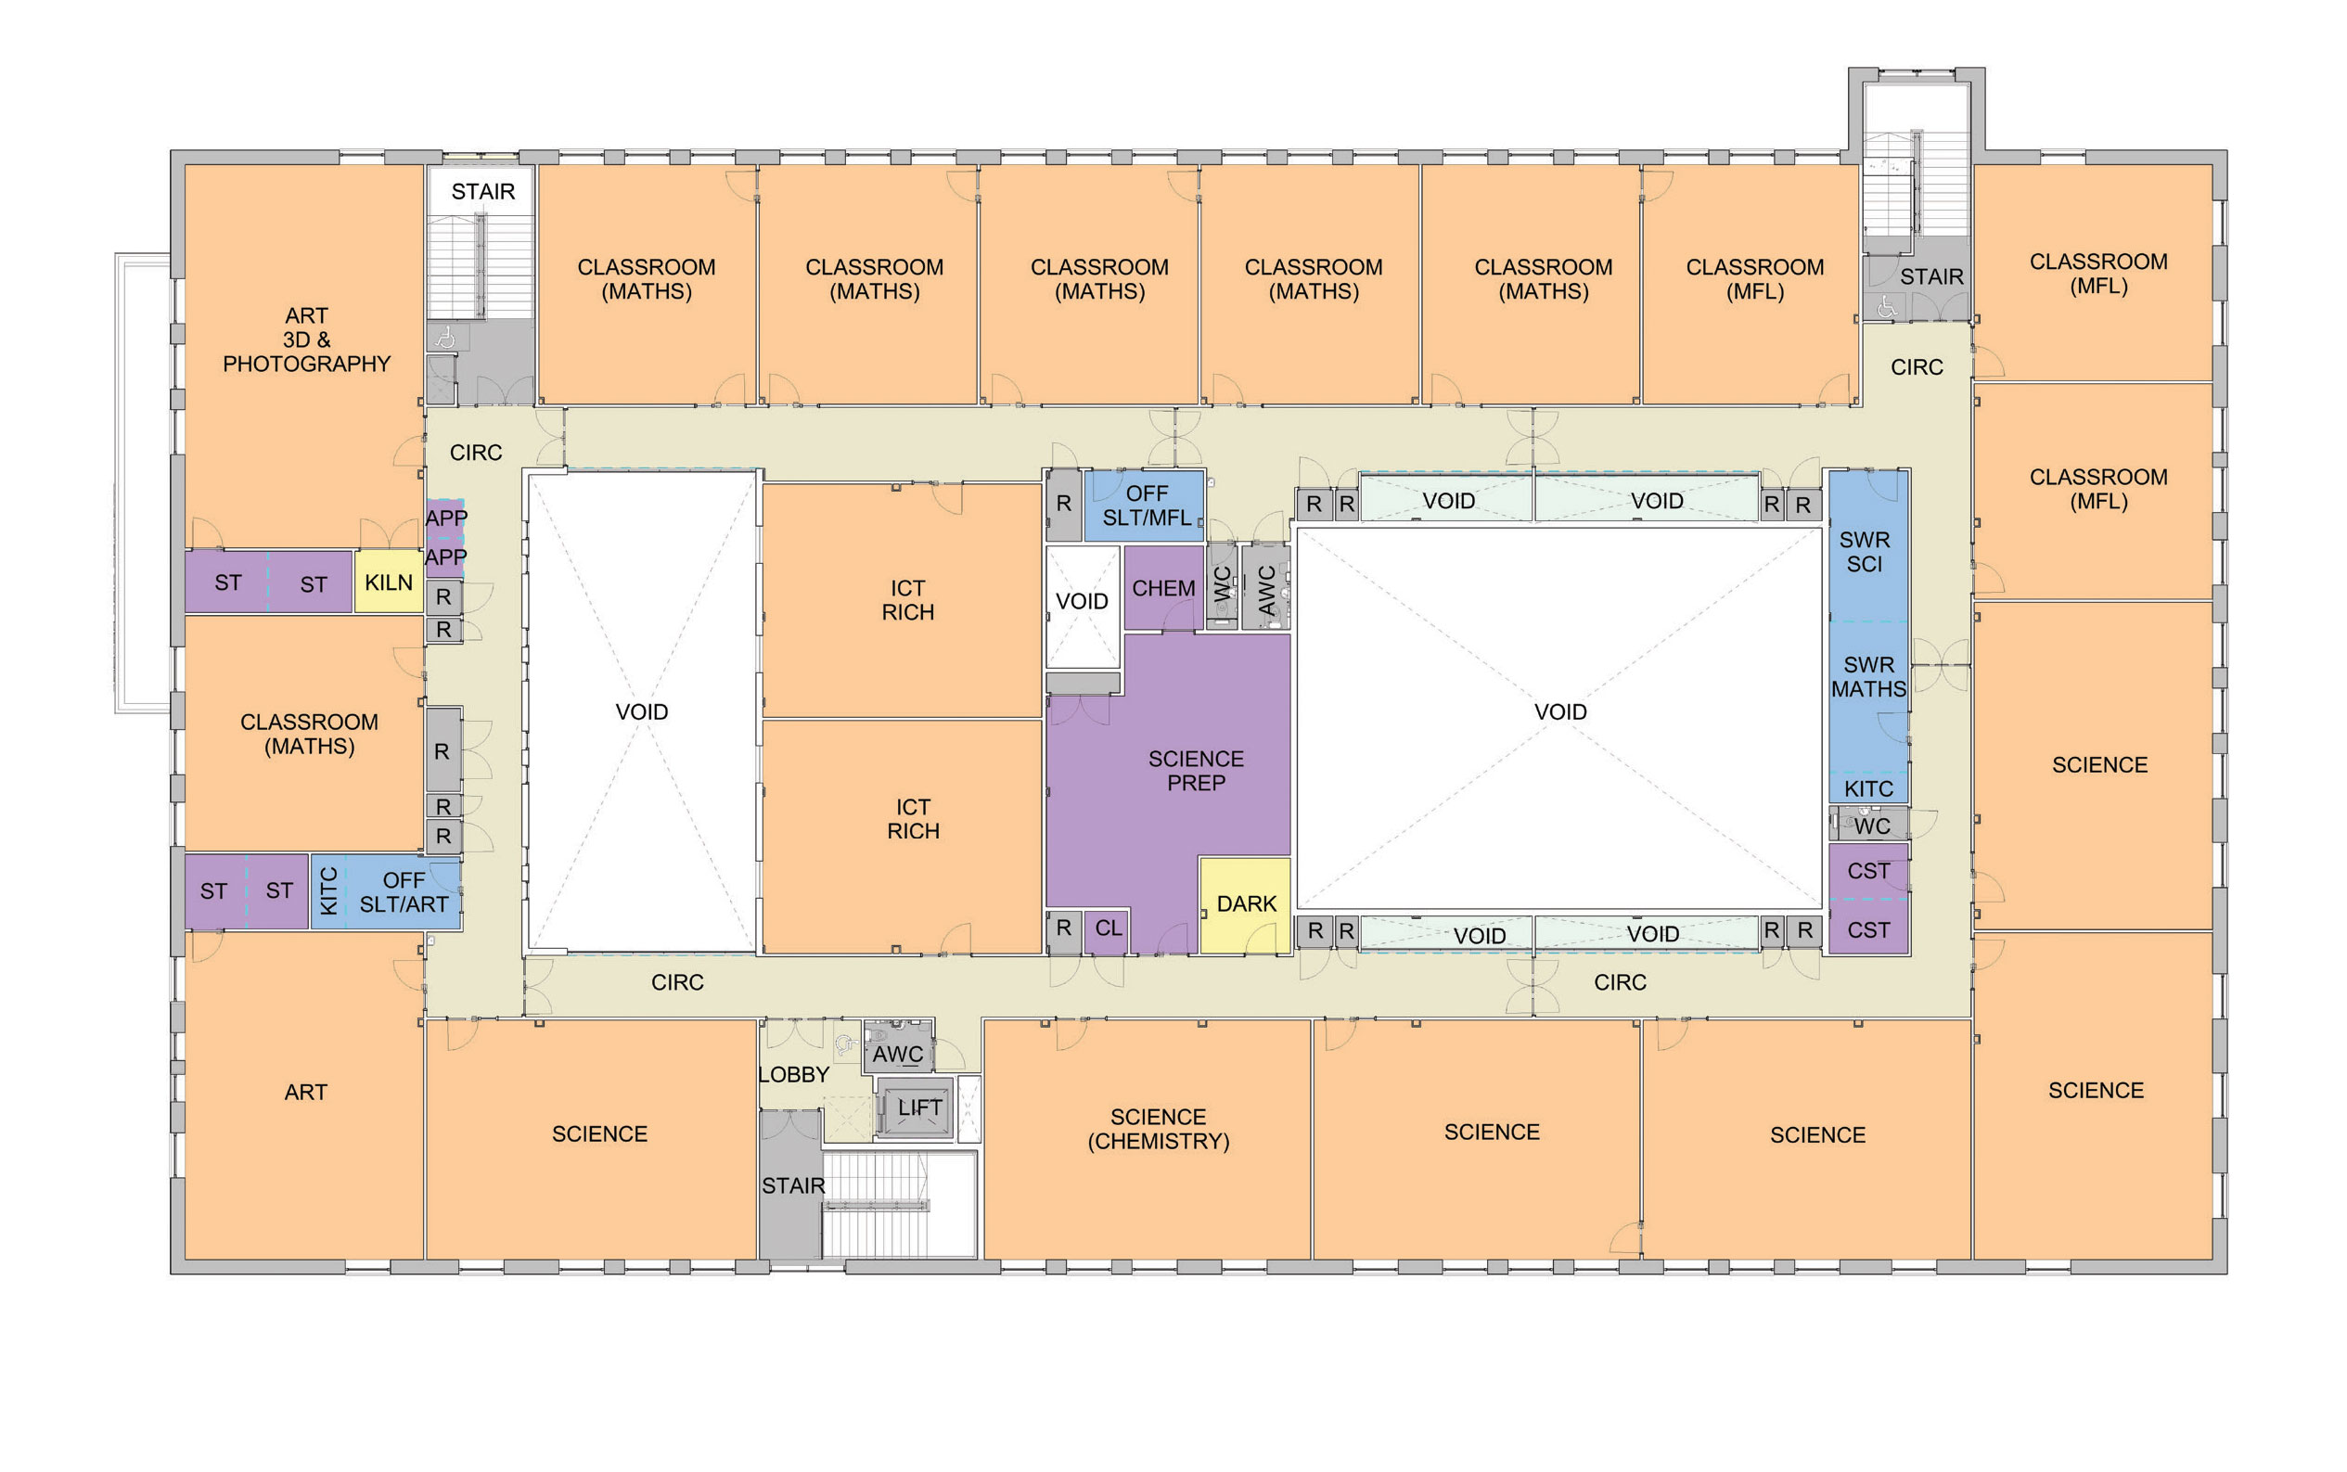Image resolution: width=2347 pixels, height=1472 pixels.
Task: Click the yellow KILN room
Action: (388, 582)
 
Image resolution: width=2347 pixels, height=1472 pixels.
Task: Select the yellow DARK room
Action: (1245, 904)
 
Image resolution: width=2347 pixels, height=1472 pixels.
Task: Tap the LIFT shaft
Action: (915, 1107)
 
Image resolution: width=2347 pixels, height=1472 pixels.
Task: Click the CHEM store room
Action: (1164, 588)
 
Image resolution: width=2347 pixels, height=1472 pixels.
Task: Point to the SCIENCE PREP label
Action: (1196, 770)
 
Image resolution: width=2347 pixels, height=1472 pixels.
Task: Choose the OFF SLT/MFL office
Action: (1145, 506)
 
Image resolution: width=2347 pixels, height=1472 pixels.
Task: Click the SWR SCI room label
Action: (1865, 552)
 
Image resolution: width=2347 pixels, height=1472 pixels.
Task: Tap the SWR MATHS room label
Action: (1868, 676)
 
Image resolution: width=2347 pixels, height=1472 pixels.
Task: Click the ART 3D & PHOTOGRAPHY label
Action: (307, 339)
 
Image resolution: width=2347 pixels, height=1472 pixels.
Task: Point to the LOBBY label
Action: (793, 1075)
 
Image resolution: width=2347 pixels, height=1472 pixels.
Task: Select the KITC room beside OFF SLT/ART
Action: (328, 891)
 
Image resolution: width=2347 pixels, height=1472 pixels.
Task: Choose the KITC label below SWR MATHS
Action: (1868, 788)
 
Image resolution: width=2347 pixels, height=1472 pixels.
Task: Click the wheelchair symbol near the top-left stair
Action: (446, 338)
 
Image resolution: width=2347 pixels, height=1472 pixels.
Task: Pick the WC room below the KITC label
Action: (1868, 824)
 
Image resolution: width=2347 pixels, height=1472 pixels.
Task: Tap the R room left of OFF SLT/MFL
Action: (1063, 505)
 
